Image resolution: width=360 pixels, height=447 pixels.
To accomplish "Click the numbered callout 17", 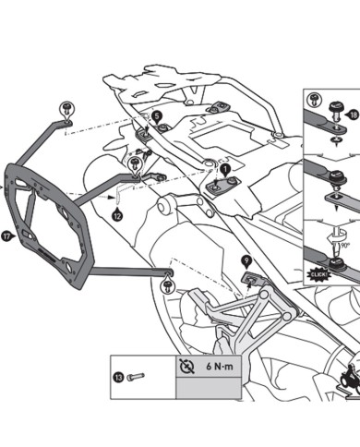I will tap(7, 235).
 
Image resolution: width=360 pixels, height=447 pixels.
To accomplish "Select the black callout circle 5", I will tap(158, 116).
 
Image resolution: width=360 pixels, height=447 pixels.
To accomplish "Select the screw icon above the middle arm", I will tap(137, 162).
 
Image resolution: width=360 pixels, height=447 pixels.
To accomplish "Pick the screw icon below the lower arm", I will tap(168, 286).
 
